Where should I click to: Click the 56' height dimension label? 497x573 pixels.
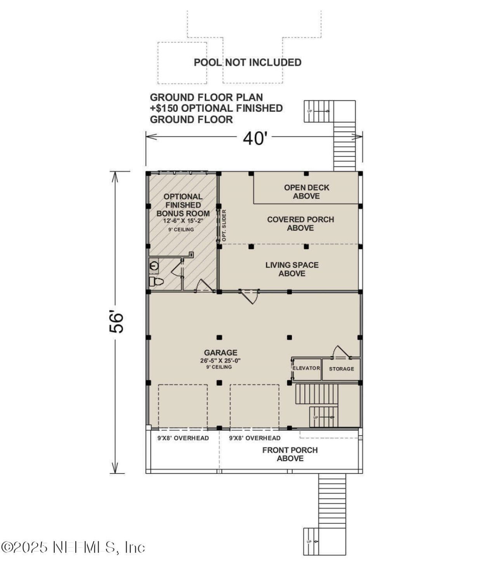[x=116, y=321]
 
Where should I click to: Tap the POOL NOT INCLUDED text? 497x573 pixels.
[x=247, y=62]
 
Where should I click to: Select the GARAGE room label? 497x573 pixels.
[x=221, y=352]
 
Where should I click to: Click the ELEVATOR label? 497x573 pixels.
[x=306, y=368]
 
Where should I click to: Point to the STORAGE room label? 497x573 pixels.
[x=341, y=369]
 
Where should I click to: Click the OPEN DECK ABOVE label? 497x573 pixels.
[x=306, y=192]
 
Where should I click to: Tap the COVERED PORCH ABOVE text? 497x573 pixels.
[x=300, y=223]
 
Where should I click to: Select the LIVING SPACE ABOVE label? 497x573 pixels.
[x=292, y=269]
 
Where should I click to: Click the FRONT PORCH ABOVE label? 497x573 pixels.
[x=290, y=454]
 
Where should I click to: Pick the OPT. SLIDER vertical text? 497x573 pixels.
[x=224, y=225]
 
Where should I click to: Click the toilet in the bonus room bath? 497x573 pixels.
[x=156, y=281]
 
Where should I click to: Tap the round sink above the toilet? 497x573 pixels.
[x=154, y=266]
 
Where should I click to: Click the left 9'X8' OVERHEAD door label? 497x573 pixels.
[x=183, y=438]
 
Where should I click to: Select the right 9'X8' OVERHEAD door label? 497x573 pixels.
[x=255, y=438]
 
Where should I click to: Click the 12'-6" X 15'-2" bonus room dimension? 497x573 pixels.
[x=183, y=221]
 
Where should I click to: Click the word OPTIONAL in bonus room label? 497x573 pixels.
[x=183, y=197]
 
